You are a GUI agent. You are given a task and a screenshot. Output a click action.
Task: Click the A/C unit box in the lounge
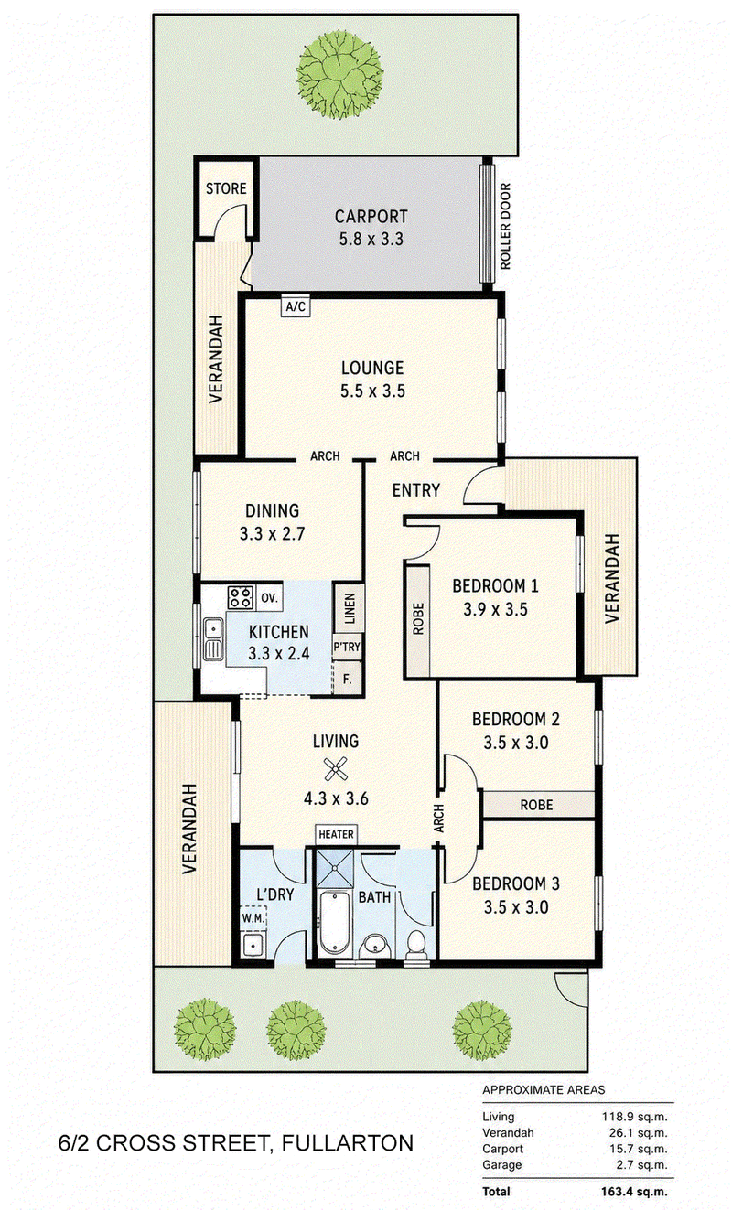(296, 306)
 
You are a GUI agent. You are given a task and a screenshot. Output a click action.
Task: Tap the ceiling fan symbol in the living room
(335, 769)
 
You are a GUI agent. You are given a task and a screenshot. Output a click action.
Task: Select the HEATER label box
(337, 835)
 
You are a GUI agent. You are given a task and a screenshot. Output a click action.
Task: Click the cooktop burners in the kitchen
(241, 597)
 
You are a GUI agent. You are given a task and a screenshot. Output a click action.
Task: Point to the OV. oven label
(269, 598)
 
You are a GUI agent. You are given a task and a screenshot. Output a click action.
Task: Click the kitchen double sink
(213, 639)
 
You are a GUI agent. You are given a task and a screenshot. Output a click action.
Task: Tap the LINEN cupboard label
(350, 608)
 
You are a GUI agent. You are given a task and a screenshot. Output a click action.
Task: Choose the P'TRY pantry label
(347, 647)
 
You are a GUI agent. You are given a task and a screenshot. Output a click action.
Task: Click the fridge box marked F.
(347, 679)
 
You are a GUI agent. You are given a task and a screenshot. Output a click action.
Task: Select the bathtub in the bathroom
(335, 923)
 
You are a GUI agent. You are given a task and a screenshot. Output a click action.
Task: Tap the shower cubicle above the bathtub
(334, 869)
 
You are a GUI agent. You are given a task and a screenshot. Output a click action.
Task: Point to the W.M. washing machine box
(253, 917)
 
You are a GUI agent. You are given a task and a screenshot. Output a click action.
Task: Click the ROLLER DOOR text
(505, 226)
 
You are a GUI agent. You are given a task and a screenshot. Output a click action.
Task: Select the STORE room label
(226, 188)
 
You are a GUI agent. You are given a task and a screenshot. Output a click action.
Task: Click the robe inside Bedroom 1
(417, 621)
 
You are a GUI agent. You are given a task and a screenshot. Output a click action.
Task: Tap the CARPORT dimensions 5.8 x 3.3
(371, 239)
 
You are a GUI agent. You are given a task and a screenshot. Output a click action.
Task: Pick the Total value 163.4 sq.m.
(633, 1191)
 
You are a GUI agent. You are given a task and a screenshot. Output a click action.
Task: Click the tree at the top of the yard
(340, 73)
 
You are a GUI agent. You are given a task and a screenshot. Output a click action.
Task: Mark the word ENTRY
(416, 490)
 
